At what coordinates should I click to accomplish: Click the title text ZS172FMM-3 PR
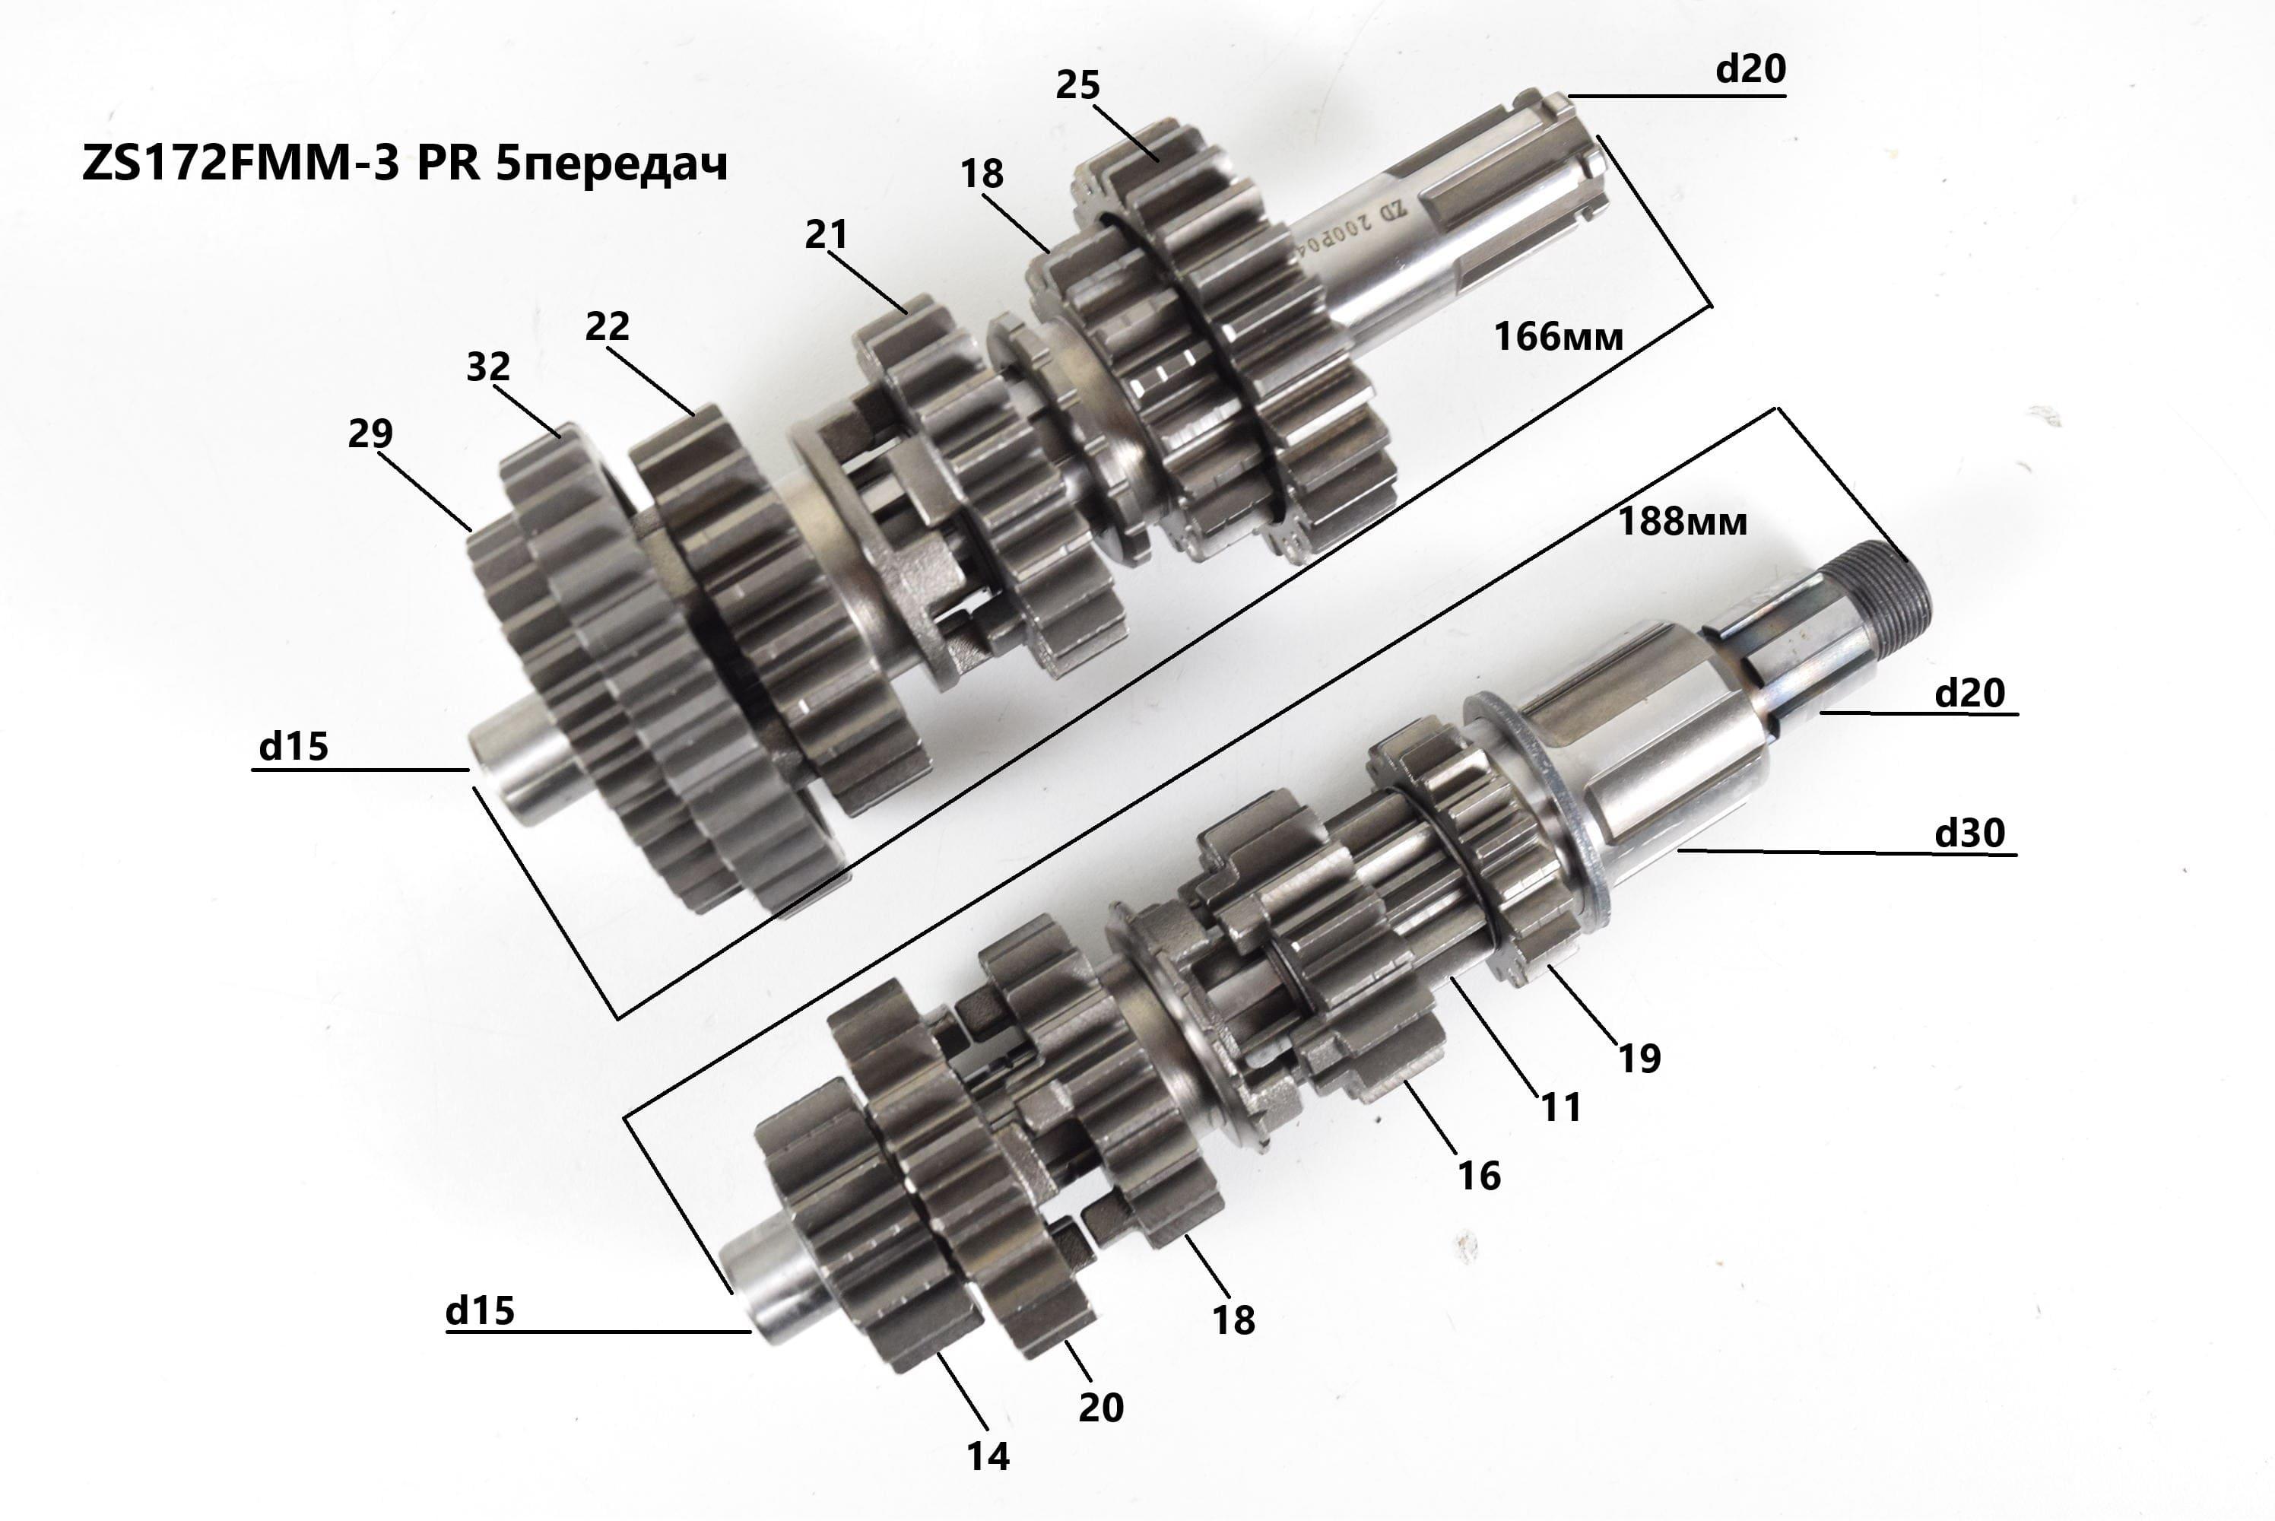281,165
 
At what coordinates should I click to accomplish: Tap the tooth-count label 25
1077,85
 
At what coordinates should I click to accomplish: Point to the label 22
607,326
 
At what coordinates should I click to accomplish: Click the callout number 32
488,367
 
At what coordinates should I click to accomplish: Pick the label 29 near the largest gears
370,433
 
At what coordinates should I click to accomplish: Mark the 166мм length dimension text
1557,337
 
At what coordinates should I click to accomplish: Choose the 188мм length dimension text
1683,522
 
